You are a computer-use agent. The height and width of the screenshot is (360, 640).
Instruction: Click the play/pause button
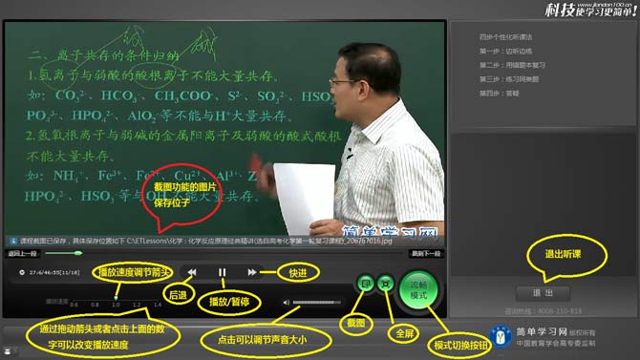(222, 272)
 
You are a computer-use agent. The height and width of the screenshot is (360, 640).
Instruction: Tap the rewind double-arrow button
(191, 272)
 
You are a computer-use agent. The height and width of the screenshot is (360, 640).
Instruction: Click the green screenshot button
(365, 284)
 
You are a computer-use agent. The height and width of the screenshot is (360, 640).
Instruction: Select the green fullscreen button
(387, 284)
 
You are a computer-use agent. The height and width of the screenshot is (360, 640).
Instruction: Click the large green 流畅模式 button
(418, 286)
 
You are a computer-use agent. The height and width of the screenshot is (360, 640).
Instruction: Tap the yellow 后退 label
(177, 296)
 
